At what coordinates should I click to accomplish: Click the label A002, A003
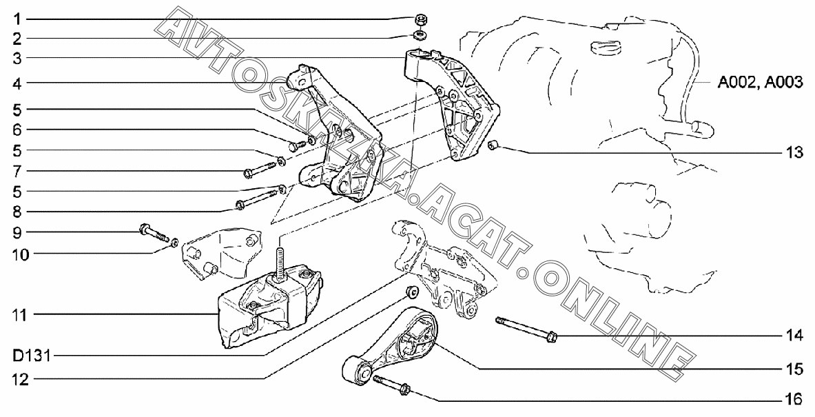[759, 83]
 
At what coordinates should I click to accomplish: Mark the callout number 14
[794, 336]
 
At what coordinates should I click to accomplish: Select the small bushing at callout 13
[493, 145]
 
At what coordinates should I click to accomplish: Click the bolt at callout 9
[154, 232]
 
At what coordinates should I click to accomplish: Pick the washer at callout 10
[175, 242]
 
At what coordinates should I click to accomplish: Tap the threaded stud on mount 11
[280, 262]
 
